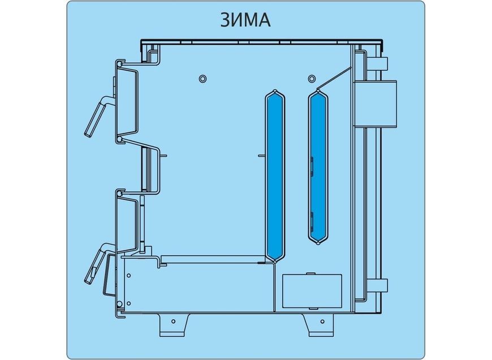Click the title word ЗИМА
[x=245, y=20]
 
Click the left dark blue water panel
[x=275, y=175]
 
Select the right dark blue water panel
[x=318, y=167]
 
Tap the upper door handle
[x=98, y=115]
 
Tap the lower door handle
[x=98, y=263]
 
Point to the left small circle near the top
[x=202, y=78]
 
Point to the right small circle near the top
[x=311, y=78]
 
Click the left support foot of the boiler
[x=174, y=325]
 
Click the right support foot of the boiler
[x=318, y=325]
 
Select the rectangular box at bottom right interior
[x=312, y=291]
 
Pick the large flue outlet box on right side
[x=376, y=104]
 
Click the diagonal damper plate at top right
[x=335, y=78]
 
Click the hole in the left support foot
[x=174, y=322]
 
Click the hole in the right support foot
[x=322, y=322]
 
